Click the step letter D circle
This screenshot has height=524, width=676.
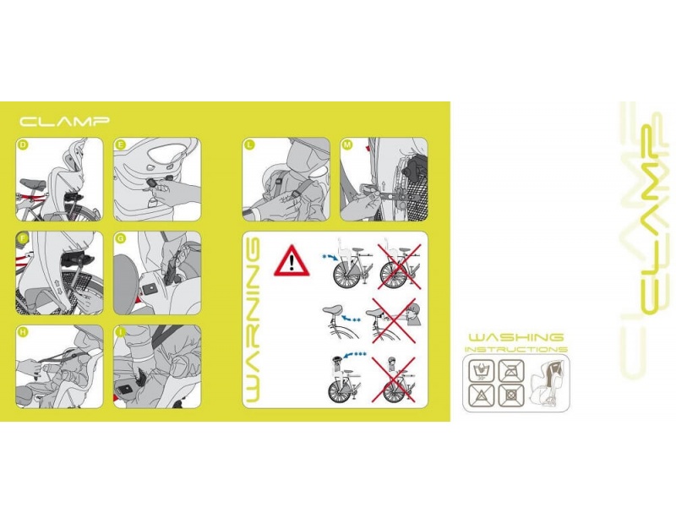[24, 145]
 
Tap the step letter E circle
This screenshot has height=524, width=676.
[121, 145]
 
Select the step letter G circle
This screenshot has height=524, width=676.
[121, 238]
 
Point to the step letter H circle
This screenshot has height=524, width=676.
[24, 332]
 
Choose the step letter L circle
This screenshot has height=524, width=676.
[249, 145]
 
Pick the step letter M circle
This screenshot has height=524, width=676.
[347, 145]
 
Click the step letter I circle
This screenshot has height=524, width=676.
[121, 332]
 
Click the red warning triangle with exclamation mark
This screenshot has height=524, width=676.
[292, 261]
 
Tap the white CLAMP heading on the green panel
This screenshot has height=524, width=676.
[64, 121]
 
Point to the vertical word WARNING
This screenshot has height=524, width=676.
[254, 319]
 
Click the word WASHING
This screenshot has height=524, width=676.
[516, 337]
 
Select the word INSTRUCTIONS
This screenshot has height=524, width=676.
[516, 349]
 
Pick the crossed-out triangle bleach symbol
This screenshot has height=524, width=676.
[481, 395]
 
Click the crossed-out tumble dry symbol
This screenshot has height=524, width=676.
[511, 395]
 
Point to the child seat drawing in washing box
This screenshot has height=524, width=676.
[546, 382]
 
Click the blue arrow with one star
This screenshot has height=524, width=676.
[331, 257]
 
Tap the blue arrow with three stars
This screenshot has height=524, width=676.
[354, 353]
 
